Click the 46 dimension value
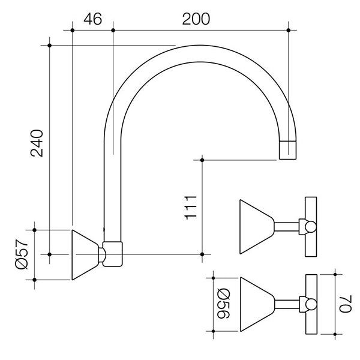point(93,19)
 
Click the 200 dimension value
point(196,19)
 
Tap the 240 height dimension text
point(37,143)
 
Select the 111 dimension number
point(191,208)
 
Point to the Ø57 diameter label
point(22,254)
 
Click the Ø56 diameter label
point(223,304)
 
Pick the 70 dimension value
point(346,304)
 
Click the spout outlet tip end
point(287,159)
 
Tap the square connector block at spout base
point(113,254)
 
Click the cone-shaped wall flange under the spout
point(85,255)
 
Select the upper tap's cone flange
point(257,227)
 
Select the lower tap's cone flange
point(257,304)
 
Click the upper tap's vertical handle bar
point(311,227)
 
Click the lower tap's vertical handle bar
point(311,304)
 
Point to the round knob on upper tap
point(311,227)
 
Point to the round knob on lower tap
point(311,304)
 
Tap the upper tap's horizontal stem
point(287,227)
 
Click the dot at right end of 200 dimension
point(289,31)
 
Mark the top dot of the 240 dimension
point(50,46)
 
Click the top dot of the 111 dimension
point(202,160)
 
